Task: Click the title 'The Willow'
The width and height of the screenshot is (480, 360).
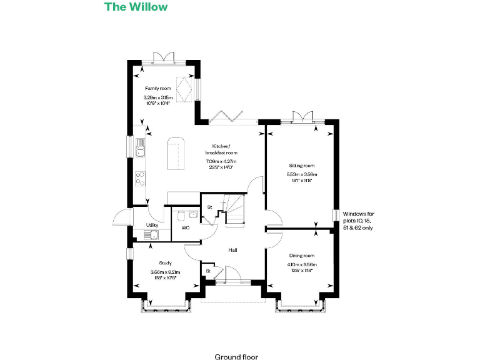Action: pyautogui.click(x=136, y=7)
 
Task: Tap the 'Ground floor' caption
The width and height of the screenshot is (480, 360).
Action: pyautogui.click(x=236, y=357)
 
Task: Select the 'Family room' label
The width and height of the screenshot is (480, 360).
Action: pyautogui.click(x=157, y=89)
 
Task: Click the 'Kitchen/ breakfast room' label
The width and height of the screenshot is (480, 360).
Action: pyautogui.click(x=221, y=149)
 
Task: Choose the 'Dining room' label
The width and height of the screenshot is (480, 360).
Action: pyautogui.click(x=302, y=256)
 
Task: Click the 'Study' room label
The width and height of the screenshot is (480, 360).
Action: pyautogui.click(x=165, y=263)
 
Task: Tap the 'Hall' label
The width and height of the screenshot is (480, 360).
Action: pyautogui.click(x=232, y=250)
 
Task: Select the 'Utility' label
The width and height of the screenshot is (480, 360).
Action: pyautogui.click(x=152, y=225)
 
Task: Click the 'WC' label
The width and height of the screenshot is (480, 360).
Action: pyautogui.click(x=186, y=228)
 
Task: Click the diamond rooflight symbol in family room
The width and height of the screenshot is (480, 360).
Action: pyautogui.click(x=186, y=87)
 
